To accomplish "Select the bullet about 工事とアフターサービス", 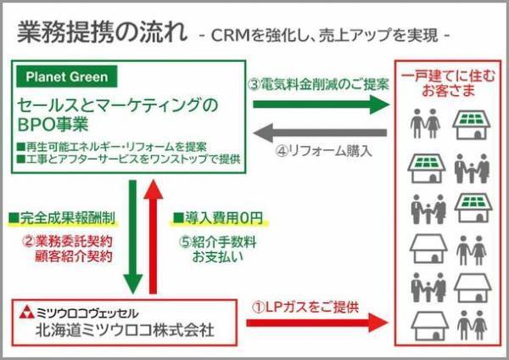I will pyautogui.click(x=127, y=159).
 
